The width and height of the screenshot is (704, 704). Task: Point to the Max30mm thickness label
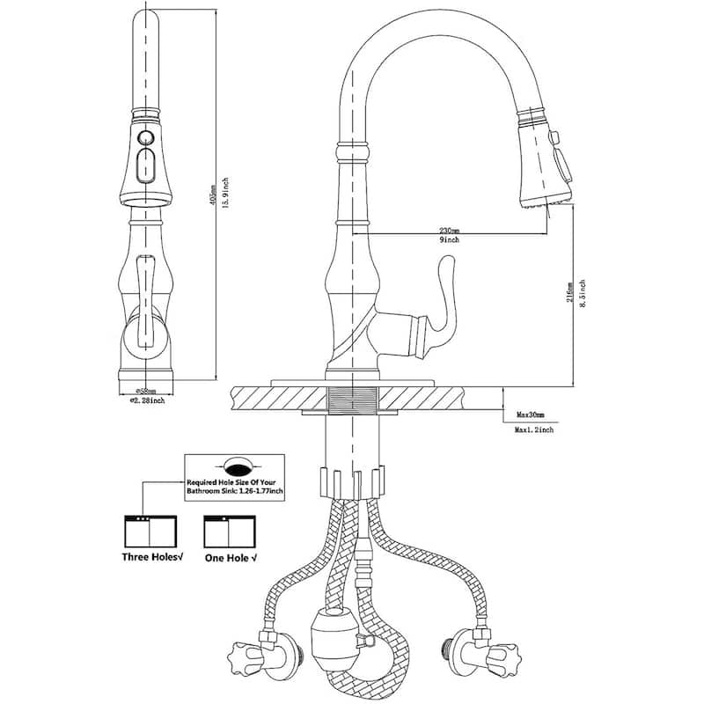[x=532, y=414]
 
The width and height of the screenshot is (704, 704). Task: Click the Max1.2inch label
[x=534, y=429]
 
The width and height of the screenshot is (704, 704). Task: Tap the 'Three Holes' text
[x=150, y=557]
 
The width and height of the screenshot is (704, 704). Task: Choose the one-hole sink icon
[x=227, y=530]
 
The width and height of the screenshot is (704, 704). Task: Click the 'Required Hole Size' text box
[x=234, y=480]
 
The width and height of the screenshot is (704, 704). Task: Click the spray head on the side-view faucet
[x=541, y=158]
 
